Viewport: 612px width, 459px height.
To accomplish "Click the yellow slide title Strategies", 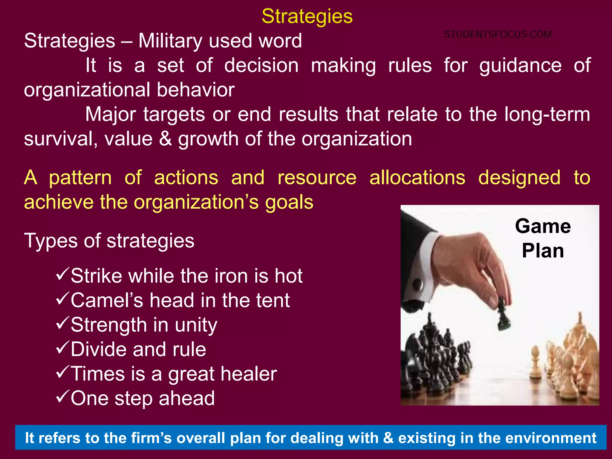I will (x=307, y=16).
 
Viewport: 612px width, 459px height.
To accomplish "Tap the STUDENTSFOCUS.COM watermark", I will (x=498, y=34).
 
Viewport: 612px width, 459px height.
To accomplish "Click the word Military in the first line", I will (x=170, y=41).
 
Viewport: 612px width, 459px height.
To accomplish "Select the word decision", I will (x=261, y=65).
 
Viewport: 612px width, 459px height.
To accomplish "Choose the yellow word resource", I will (x=317, y=178).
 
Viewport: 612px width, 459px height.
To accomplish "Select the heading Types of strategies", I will (x=109, y=241).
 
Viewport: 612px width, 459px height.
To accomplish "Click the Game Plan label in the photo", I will (x=543, y=238).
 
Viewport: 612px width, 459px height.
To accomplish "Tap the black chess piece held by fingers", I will (x=504, y=317).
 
